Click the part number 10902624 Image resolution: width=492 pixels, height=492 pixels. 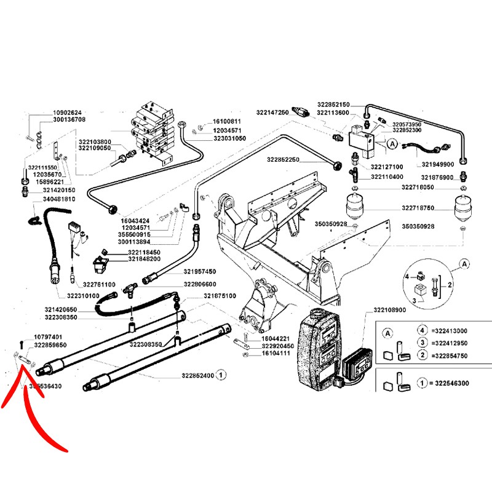[68, 113]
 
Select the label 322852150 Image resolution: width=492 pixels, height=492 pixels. [334, 105]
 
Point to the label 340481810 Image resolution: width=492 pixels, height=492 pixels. [59, 199]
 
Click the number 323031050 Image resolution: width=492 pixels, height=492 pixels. [229, 139]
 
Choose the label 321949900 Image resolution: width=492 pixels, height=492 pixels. [438, 164]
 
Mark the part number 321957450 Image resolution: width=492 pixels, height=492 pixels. [200, 271]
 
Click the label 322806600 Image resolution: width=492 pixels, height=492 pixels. [200, 284]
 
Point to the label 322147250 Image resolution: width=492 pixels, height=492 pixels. [272, 113]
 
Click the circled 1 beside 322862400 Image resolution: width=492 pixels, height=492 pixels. [222, 375]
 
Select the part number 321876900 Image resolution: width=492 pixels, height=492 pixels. [438, 177]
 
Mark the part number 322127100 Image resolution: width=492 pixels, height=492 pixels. [387, 167]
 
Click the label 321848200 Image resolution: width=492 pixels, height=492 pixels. [144, 259]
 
